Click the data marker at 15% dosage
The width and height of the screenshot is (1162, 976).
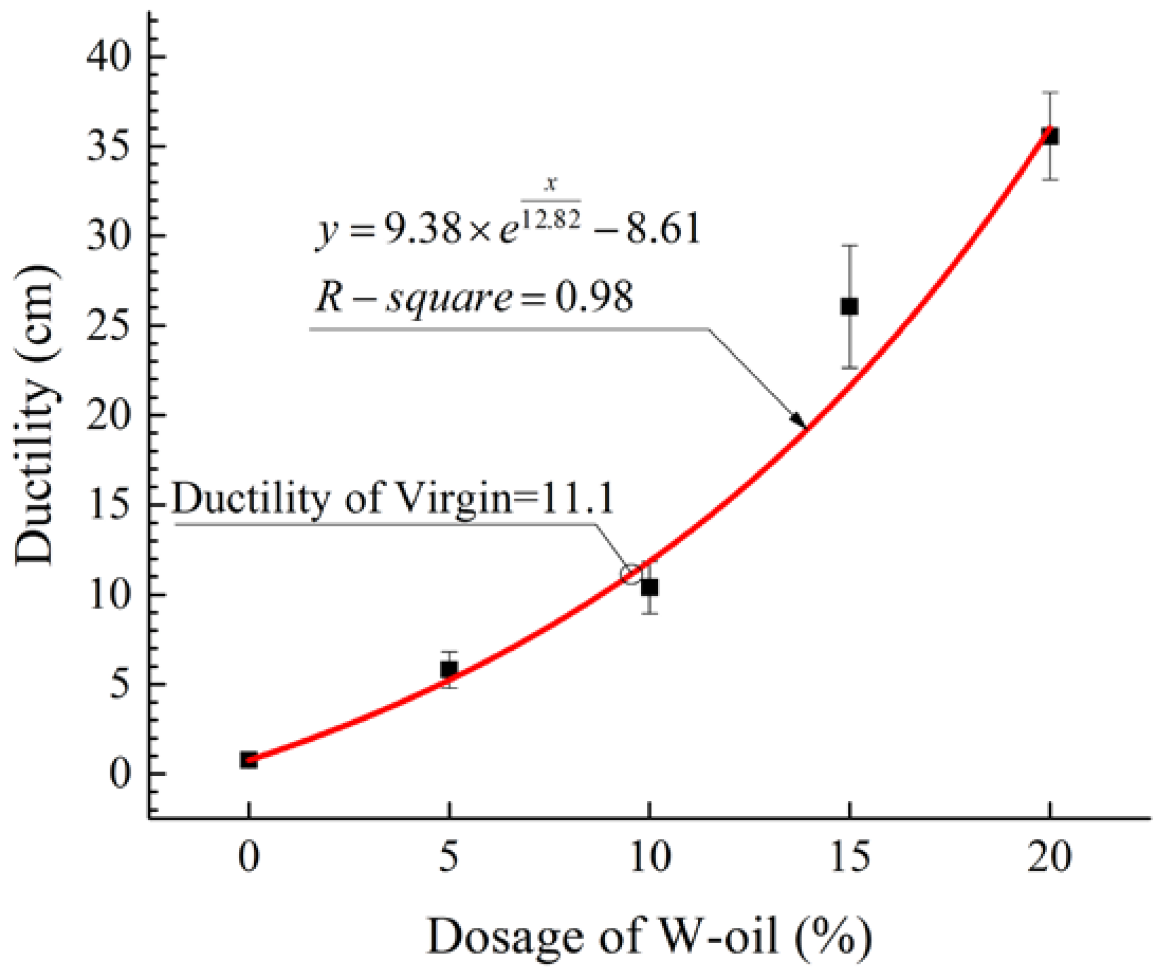click(850, 306)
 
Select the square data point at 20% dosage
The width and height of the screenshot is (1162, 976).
click(1050, 136)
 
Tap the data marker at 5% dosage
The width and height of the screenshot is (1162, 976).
click(449, 669)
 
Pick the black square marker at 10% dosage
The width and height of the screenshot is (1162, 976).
click(650, 587)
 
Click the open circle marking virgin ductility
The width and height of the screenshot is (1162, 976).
click(631, 574)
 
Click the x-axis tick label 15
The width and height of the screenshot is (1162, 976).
click(851, 857)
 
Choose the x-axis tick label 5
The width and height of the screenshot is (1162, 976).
click(449, 857)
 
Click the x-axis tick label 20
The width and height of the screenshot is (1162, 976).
click(1050, 857)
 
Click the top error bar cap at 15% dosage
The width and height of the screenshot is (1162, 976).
click(850, 245)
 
